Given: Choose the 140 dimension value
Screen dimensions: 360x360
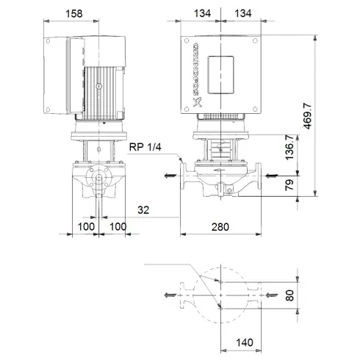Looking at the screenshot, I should click(247, 342).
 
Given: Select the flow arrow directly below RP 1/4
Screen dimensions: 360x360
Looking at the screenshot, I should click(170, 176).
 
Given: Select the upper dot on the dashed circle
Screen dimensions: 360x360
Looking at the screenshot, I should click(219, 280).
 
